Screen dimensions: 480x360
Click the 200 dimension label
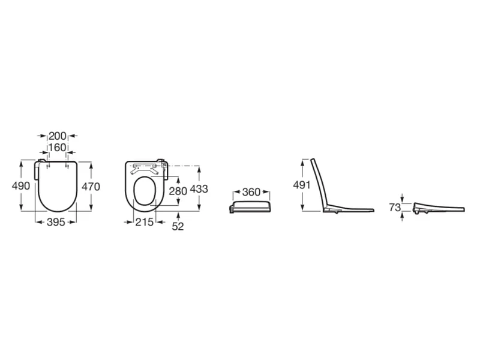pos(58,136)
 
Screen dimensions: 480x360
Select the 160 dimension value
pos(58,147)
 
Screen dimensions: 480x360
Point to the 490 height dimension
pos(21,185)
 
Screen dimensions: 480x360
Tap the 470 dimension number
pos(91,187)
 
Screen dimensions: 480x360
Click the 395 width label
pos(56,222)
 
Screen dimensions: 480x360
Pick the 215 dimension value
pos(145,222)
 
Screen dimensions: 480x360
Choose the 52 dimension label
pos(178,227)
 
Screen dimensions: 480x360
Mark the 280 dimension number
pos(178,191)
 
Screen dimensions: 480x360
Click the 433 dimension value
pos(199,189)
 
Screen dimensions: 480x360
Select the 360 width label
pos(251,192)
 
